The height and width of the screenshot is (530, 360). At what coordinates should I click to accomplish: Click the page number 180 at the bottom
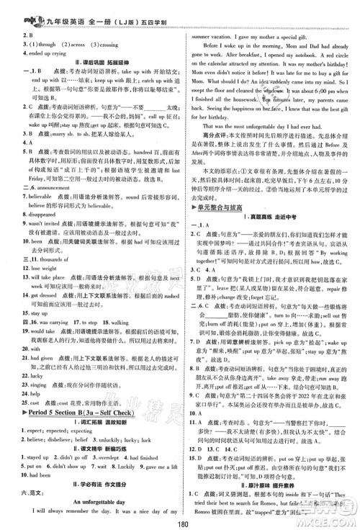(180, 521)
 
